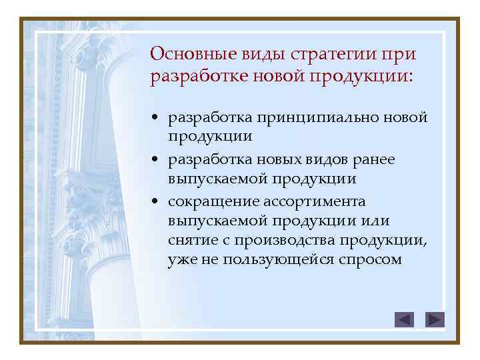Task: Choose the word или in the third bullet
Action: (x=376, y=221)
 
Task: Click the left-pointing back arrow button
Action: (x=404, y=320)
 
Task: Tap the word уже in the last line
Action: (x=180, y=259)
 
